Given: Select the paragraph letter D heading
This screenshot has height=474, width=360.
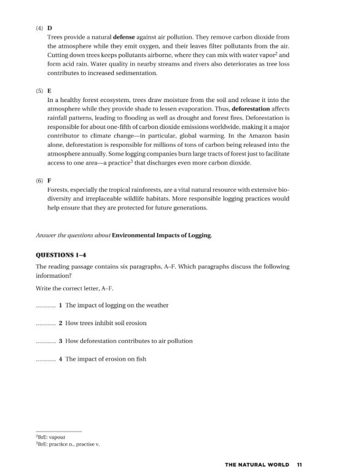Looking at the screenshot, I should click(49, 28).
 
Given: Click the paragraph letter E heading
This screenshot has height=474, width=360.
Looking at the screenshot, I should click(49, 90).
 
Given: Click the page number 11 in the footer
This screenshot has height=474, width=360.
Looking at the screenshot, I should click(299, 465).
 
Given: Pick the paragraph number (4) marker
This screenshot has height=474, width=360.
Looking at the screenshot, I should click(39, 29).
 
